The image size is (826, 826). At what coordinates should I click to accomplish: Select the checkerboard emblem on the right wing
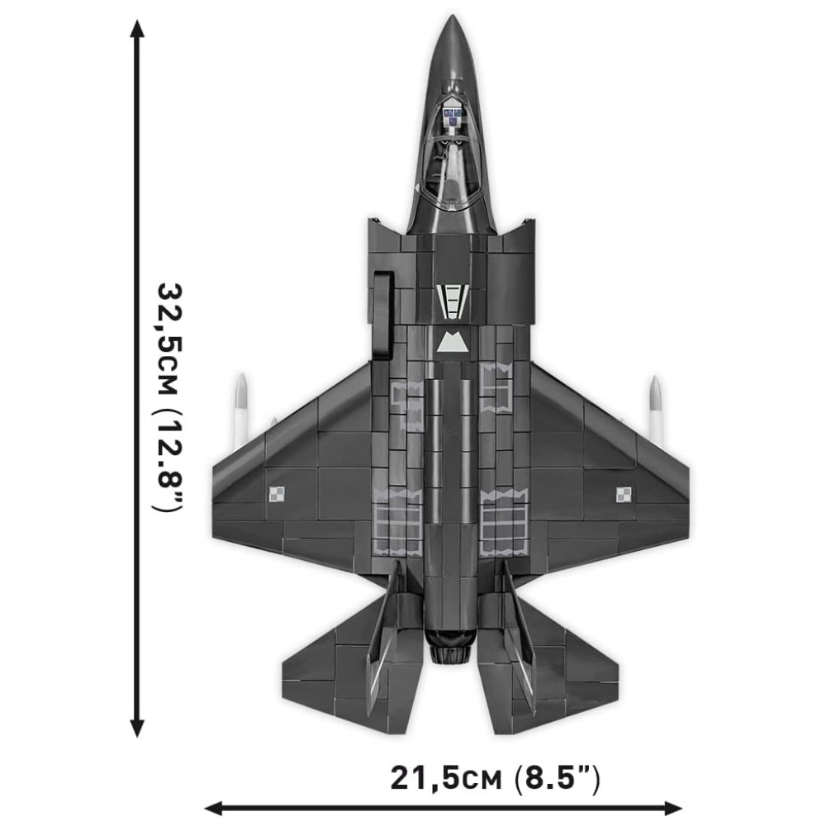tap(624, 495)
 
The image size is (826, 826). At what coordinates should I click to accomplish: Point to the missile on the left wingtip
tap(241, 409)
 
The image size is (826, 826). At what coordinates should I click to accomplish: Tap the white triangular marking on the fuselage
tap(451, 343)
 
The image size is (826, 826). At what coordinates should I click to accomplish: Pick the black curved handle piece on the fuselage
tap(381, 314)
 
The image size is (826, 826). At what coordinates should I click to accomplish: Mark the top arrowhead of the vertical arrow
tap(137, 30)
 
